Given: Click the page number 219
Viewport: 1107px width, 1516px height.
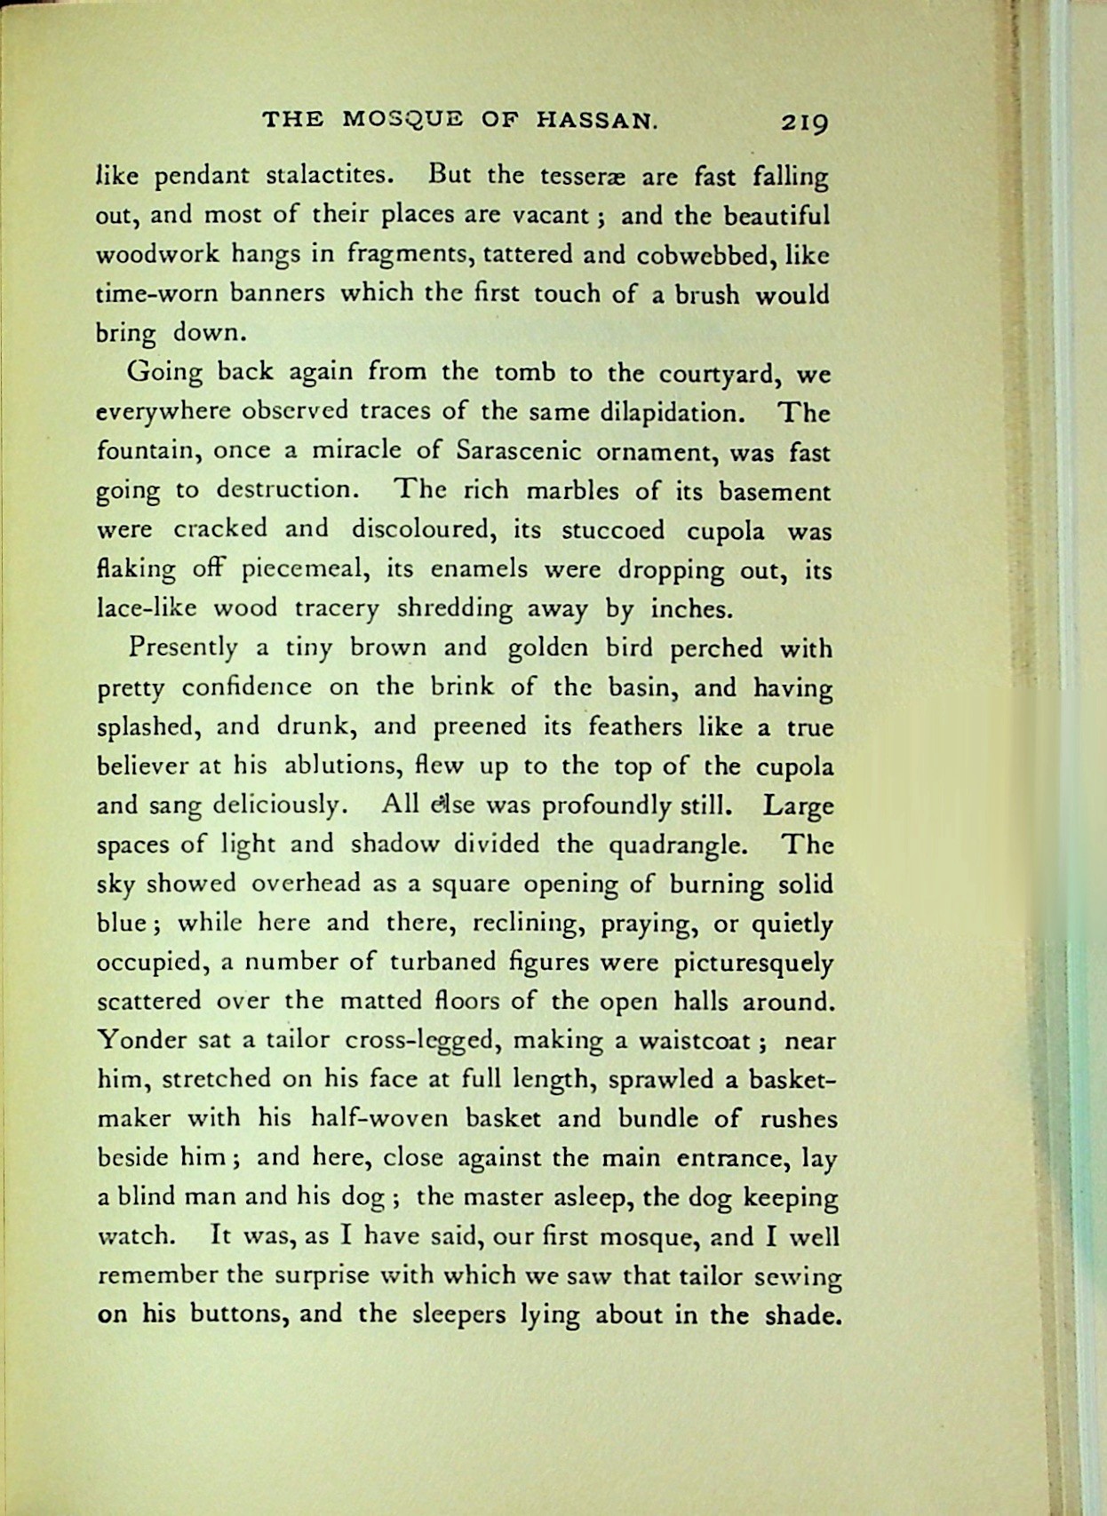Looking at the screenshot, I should coord(804,122).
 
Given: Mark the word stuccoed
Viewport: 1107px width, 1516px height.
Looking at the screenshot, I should coord(612,530).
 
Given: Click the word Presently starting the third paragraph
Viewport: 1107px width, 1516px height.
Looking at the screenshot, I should coord(183,648).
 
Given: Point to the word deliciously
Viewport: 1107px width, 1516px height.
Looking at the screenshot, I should coord(276,806).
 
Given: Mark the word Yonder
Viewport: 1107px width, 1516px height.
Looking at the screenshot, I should coord(136,1040).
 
